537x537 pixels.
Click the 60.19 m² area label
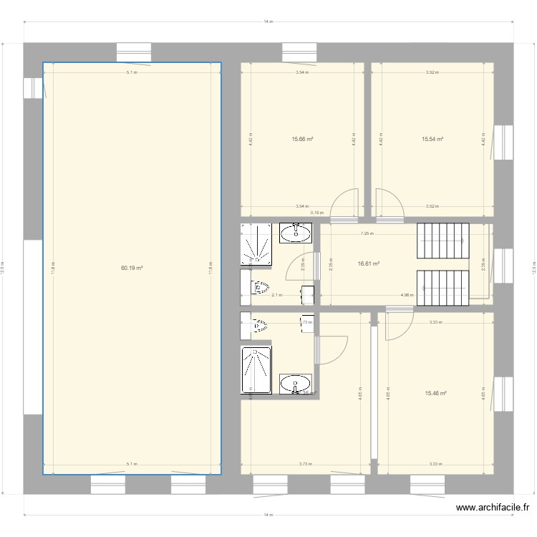pos(132,268)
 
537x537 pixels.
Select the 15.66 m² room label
pos(302,139)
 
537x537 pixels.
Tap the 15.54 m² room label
pos(432,139)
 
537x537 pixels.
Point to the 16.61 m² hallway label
pos(368,263)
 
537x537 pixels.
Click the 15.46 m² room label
pos(435,393)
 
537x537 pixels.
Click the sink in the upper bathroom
pos(294,233)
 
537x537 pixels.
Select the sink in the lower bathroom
pos(295,383)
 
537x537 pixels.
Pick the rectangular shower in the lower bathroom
pos(256,370)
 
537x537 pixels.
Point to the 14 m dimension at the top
pos(268,22)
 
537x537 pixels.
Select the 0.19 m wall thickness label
pos(316,213)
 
